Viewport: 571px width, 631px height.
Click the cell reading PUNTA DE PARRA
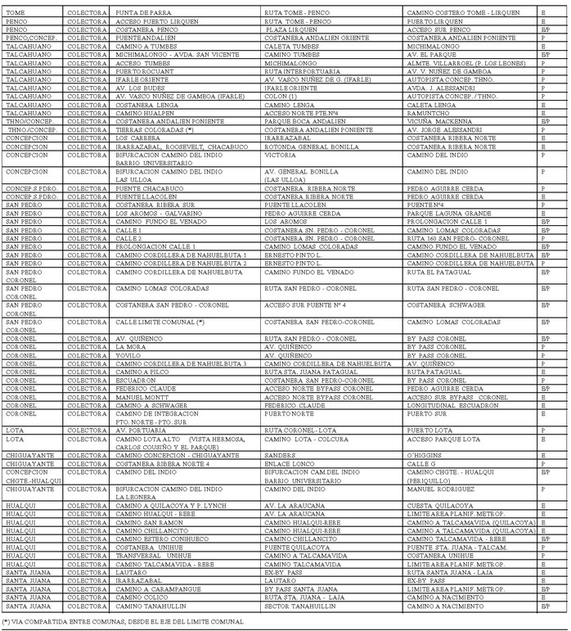pyautogui.click(x=143, y=13)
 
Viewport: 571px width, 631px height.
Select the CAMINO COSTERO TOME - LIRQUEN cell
pyautogui.click(x=462, y=13)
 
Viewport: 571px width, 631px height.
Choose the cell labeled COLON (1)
pyautogui.click(x=281, y=97)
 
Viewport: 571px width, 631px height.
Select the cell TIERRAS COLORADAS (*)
pyautogui.click(x=155, y=129)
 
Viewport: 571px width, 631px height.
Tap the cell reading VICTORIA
pyautogui.click(x=280, y=155)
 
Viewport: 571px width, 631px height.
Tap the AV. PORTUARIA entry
pyautogui.click(x=142, y=430)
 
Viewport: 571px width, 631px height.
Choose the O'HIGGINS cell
pyautogui.click(x=425, y=455)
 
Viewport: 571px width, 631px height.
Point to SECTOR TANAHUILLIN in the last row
pyautogui.click(x=299, y=606)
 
